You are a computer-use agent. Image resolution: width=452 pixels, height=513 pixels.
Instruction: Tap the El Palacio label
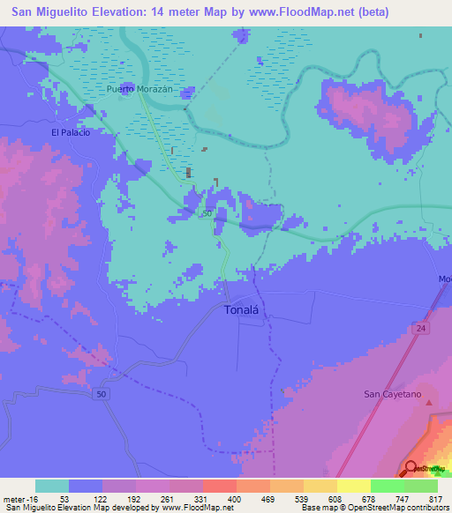point(71,132)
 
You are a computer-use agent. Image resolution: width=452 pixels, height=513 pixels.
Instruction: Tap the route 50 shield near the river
point(207,214)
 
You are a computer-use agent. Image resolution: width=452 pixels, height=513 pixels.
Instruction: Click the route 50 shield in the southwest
point(102,394)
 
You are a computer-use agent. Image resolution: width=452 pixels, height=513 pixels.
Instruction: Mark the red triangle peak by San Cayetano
point(430,404)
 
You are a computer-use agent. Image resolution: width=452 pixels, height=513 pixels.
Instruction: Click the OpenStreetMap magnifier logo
point(411,468)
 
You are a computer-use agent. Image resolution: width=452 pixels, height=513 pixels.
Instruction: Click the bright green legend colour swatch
point(388,486)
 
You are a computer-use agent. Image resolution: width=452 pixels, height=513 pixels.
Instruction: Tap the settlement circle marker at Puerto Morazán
point(129,97)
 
